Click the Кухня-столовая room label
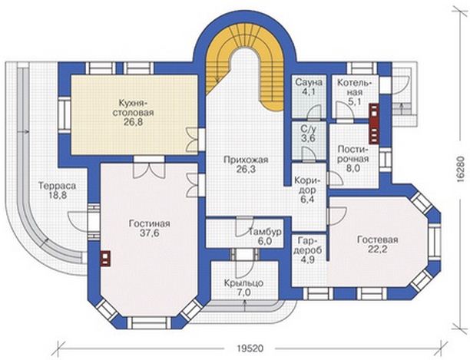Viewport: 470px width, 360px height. (132, 107)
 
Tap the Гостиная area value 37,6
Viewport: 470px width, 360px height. (150, 233)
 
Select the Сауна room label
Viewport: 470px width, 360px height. (309, 82)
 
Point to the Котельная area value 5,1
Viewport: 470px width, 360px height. (354, 102)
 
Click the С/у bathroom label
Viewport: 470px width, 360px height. (309, 130)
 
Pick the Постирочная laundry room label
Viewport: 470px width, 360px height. (352, 154)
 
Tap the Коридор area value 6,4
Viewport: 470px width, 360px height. (306, 199)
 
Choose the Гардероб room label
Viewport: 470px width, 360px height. (308, 245)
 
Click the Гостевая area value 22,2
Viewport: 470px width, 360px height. (377, 249)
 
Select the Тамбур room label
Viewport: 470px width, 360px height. (265, 232)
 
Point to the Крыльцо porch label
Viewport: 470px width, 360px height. (244, 283)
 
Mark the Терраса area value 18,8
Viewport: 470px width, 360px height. (57, 195)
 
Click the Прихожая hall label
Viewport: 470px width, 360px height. (246, 160)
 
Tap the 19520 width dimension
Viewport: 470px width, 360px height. (250, 348)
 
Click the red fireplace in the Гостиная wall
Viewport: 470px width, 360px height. (105, 259)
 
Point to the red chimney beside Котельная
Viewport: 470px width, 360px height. (374, 123)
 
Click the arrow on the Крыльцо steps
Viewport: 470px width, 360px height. (244, 306)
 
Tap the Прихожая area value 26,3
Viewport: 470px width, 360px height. (246, 170)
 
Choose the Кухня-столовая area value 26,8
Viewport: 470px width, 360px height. (133, 123)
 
